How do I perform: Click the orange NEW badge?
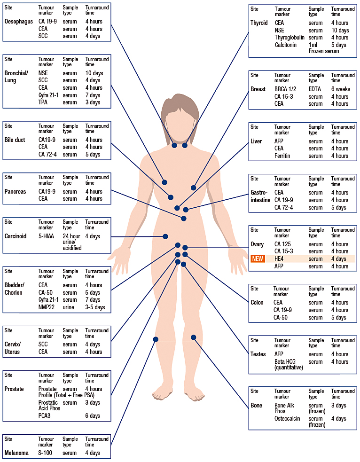258,258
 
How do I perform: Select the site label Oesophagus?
18,22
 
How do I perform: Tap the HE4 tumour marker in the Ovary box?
279,258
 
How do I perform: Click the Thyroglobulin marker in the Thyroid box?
290,38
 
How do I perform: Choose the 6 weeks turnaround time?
341,89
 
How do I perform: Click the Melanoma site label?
16,453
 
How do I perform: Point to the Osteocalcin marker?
289,419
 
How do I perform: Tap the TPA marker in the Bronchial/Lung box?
43,102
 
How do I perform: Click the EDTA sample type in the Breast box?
315,89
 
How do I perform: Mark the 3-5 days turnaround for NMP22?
95,307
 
